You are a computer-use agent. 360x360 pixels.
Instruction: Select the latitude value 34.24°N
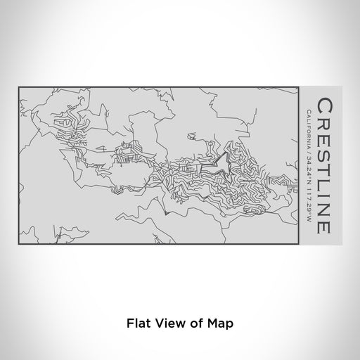(309, 170)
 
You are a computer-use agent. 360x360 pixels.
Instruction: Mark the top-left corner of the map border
(19, 88)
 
